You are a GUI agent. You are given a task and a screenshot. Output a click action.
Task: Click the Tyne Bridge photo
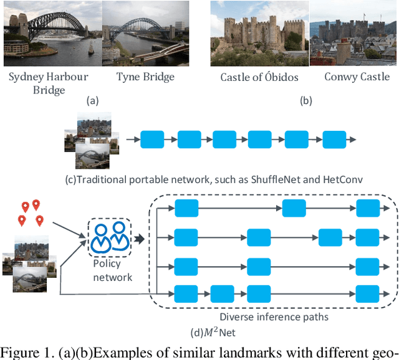tap(145, 31)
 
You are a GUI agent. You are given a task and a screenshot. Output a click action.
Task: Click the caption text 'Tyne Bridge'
tap(145, 77)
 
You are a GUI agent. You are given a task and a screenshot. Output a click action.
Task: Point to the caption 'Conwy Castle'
tap(353, 77)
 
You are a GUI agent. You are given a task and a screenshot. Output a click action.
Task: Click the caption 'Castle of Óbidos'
tap(259, 77)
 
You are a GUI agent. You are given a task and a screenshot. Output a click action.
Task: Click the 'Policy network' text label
tap(113, 271)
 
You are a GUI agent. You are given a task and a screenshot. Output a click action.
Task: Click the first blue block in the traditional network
tap(151, 139)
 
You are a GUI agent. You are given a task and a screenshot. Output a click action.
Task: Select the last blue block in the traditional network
tap(334, 139)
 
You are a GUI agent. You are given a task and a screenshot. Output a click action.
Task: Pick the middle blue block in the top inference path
tap(294, 209)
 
